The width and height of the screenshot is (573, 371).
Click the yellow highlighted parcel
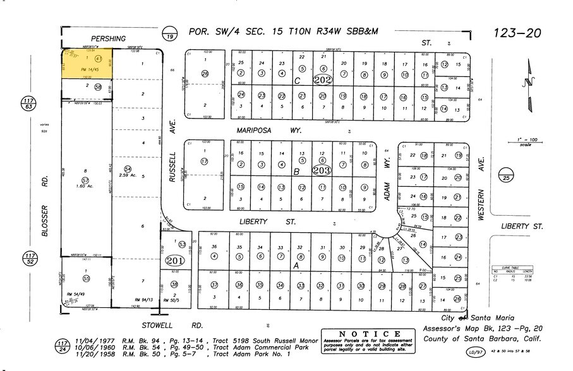pyautogui.click(x=87, y=64)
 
